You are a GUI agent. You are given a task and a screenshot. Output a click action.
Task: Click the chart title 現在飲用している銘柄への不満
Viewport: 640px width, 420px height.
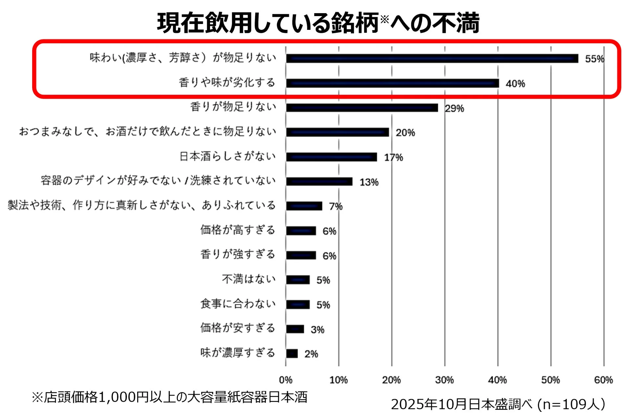tap(318, 23)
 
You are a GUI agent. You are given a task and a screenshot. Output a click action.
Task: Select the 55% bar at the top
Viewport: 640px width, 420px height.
tap(432, 58)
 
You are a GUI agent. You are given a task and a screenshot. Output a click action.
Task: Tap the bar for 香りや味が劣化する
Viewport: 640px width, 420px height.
tap(392, 83)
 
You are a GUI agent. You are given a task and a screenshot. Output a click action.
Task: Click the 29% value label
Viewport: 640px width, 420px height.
tap(455, 108)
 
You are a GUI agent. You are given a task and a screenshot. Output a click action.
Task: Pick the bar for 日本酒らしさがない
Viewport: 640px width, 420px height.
tap(331, 157)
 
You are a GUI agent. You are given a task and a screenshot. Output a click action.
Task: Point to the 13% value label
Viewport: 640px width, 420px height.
tap(369, 182)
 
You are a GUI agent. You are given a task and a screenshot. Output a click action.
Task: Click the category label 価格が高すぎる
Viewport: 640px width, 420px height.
tap(238, 230)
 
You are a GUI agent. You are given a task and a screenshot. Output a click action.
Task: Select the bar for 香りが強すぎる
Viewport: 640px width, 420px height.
tap(301, 255)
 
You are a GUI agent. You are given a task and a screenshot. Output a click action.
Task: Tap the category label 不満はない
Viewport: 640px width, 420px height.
tap(249, 279)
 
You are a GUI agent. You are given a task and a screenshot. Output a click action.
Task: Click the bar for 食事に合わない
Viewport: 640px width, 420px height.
tap(298, 304)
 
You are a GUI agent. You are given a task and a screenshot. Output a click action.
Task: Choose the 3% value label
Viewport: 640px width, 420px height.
tap(317, 329)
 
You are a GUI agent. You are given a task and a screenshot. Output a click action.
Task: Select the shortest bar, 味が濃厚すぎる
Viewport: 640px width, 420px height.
tap(292, 353)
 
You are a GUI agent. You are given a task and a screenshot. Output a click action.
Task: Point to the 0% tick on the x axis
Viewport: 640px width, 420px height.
tap(286, 380)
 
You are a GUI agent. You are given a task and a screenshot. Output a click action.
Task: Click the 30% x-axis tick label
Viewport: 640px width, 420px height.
tap(444, 380)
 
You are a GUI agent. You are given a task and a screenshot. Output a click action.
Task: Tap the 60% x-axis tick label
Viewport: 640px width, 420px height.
tap(603, 380)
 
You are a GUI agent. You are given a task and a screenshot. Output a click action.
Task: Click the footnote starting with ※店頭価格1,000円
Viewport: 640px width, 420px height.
tap(169, 397)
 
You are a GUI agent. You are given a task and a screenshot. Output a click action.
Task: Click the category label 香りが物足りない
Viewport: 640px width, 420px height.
tap(233, 107)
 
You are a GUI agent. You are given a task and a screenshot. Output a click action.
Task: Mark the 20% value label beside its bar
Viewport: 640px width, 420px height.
tap(405, 133)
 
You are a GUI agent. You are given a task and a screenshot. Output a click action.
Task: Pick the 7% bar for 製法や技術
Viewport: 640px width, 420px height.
tap(304, 206)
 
